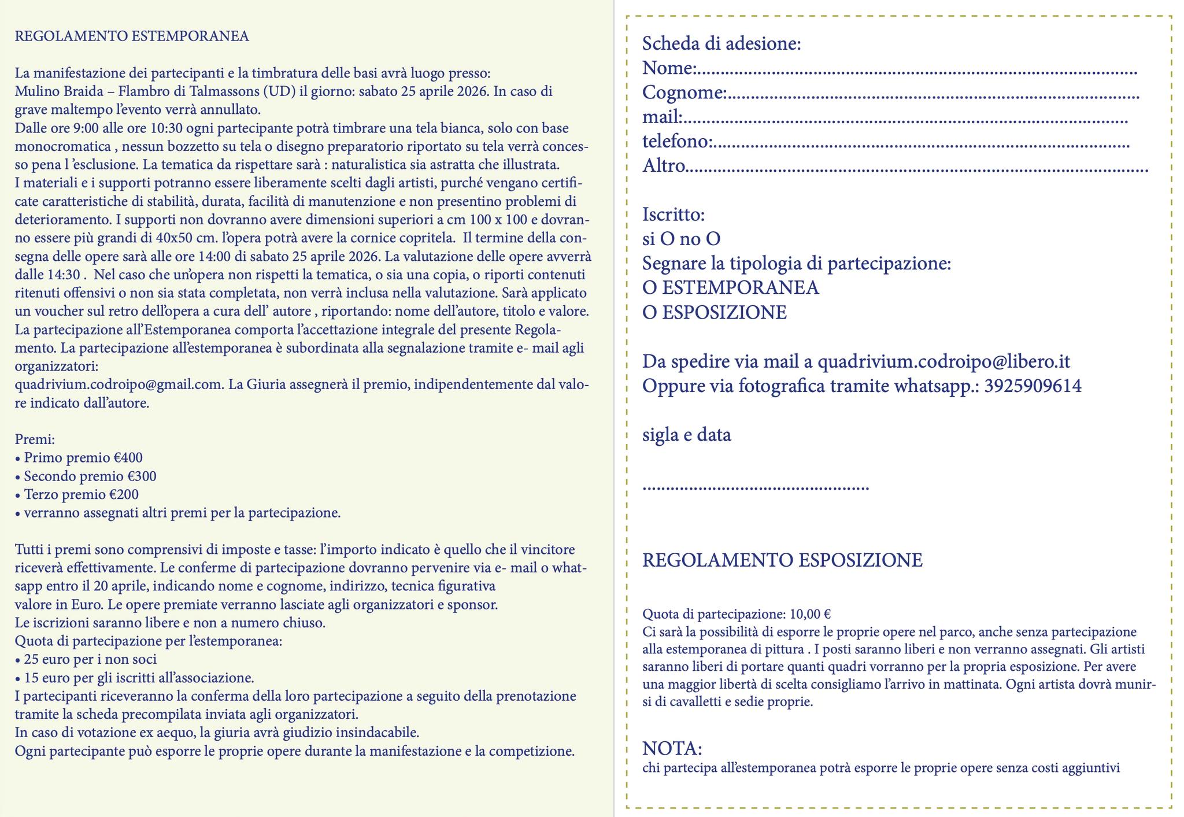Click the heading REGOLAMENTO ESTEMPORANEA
click(132, 36)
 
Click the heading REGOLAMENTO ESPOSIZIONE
click(782, 560)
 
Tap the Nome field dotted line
click(916, 73)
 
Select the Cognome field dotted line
click(933, 97)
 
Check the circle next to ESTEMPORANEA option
click(649, 288)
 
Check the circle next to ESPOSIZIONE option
click(649, 313)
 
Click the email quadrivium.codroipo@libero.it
click(943, 362)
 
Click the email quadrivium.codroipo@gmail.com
click(119, 385)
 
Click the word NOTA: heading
click(672, 749)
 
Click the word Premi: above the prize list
click(34, 440)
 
